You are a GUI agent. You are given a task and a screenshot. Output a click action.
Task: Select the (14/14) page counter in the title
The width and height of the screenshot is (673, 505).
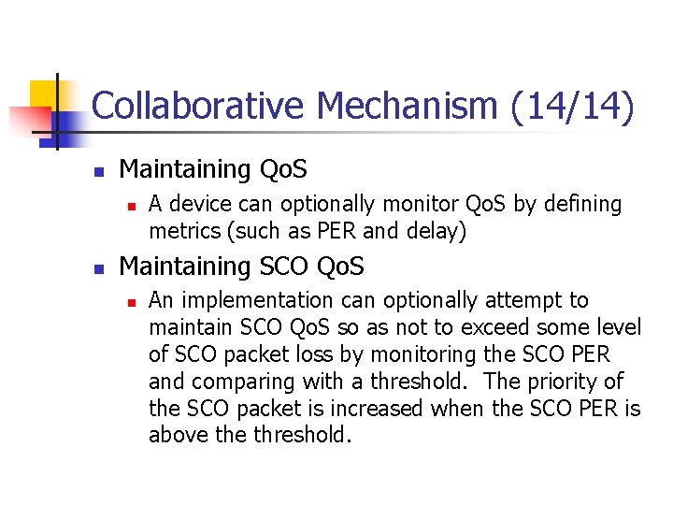point(573,106)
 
